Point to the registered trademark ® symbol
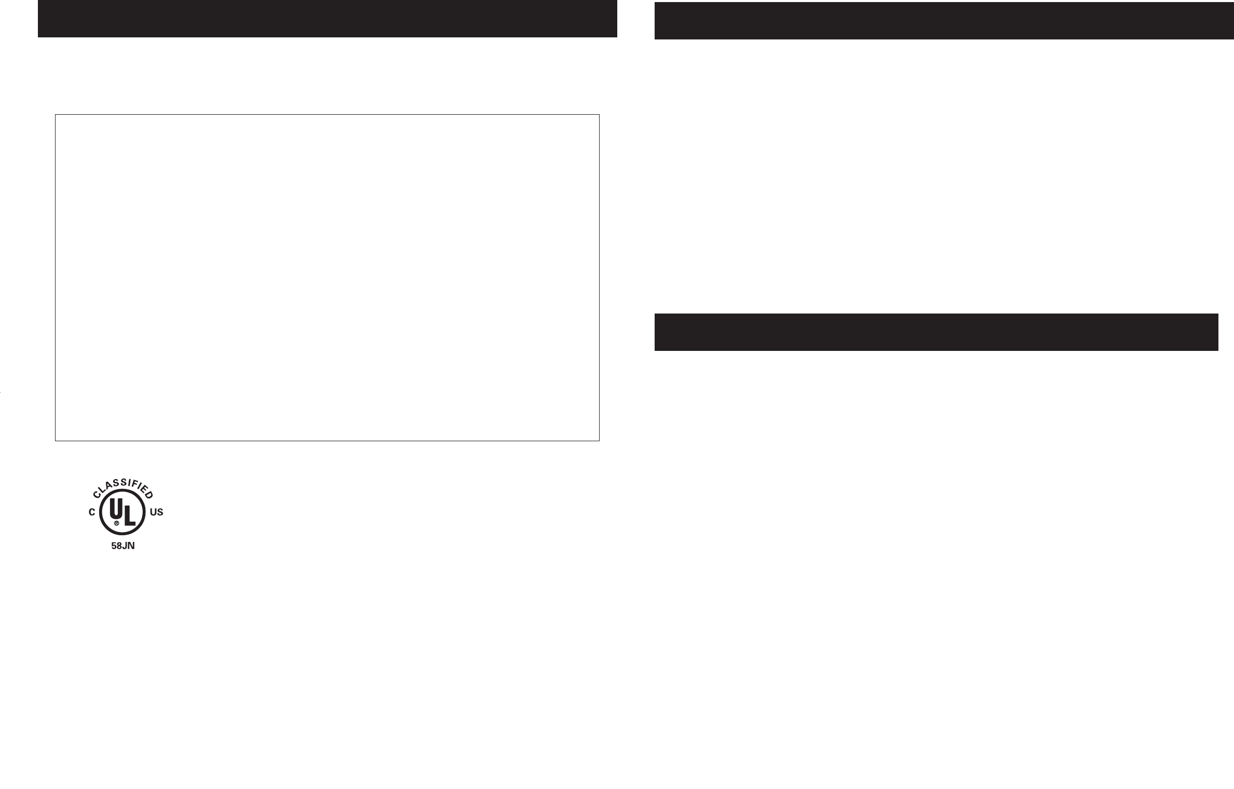pyautogui.click(x=117, y=524)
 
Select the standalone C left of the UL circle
pyautogui.click(x=92, y=512)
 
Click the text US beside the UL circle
pyautogui.click(x=156, y=512)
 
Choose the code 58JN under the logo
pyautogui.click(x=124, y=547)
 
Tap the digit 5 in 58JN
pyautogui.click(x=114, y=547)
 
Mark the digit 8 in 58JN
pyautogui.click(x=120, y=547)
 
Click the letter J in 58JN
pyautogui.click(x=126, y=547)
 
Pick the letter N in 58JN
pyautogui.click(x=132, y=547)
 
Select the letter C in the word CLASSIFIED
pyautogui.click(x=97, y=495)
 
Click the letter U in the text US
pyautogui.click(x=153, y=512)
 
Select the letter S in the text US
pyautogui.click(x=160, y=512)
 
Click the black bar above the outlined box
pyautogui.click(x=327, y=19)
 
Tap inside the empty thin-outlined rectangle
pyautogui.click(x=327, y=277)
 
